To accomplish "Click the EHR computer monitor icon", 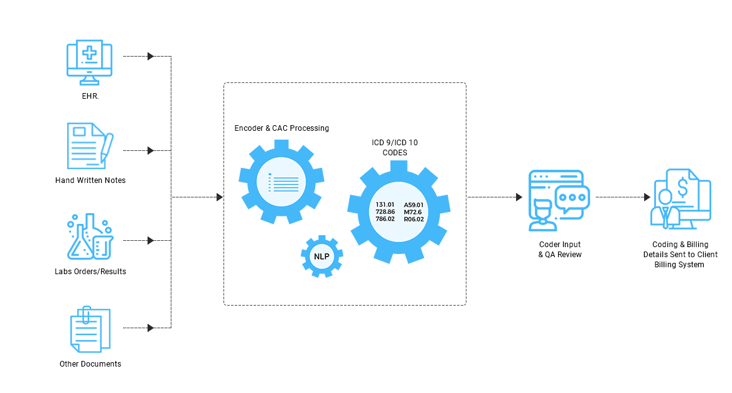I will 89,62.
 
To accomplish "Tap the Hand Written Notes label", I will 90,180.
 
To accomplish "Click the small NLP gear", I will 321,255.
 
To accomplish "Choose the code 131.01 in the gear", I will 385,205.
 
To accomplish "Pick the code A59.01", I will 414,205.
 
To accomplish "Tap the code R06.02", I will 414,219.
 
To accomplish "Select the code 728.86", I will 385,212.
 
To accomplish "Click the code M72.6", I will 412,212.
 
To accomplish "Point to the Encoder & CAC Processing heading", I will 282,128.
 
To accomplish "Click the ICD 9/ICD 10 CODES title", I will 395,148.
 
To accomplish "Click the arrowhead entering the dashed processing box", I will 219,197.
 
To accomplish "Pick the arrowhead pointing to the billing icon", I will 647,197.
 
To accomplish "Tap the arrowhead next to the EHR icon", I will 151,57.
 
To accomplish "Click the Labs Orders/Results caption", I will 90,272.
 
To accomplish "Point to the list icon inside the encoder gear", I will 283,183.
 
